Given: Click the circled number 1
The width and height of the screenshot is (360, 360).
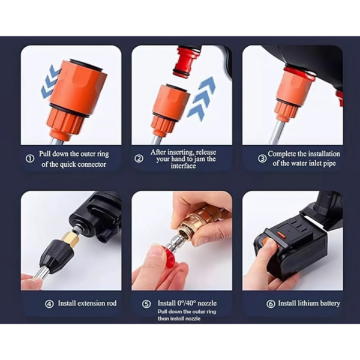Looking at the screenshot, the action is pos(30,158).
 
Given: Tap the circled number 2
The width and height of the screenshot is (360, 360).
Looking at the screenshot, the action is pos(139,158).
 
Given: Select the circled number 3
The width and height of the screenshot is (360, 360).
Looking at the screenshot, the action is pos(262,158).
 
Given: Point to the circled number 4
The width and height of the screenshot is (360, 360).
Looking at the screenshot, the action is pos(49,304).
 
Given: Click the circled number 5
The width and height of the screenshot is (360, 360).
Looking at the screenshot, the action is pos(146,304).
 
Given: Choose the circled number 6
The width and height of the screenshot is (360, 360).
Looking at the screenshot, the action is pos(271,304).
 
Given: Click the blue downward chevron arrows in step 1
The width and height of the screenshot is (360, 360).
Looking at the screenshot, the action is pos(50,82).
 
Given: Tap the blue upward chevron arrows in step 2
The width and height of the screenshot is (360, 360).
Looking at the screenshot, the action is pos(201,99).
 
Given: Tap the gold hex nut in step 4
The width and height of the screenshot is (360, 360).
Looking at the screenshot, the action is pos(71,239).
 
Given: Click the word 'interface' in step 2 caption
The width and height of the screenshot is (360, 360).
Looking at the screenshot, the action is pos(183,166).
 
